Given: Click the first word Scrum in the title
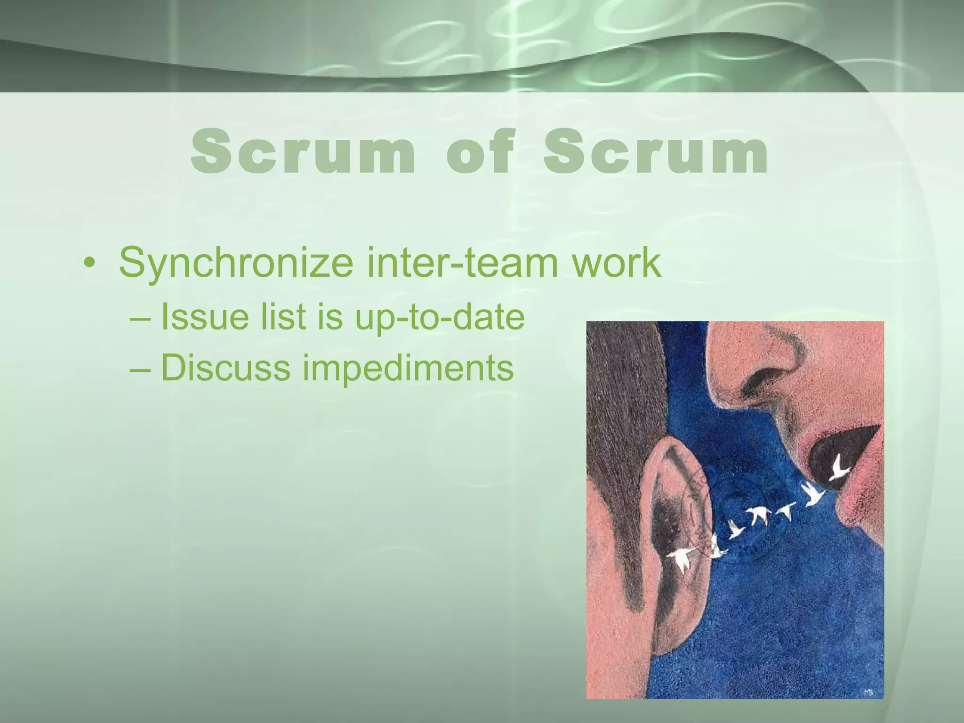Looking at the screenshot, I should (x=303, y=152).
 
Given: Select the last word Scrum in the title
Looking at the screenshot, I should (x=655, y=152).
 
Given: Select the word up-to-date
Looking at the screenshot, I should (x=439, y=317).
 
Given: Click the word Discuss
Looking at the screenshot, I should (x=225, y=367).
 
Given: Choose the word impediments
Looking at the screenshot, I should (x=408, y=368).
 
